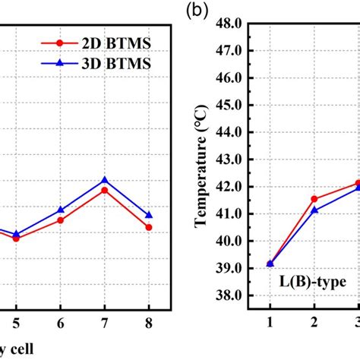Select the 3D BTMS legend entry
tap(103, 64)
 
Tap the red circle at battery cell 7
tap(104, 189)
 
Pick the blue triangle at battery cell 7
tap(104, 180)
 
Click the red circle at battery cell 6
tap(60, 220)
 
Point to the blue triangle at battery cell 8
tap(149, 215)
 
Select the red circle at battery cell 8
tap(149, 227)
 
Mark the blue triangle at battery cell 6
tap(60, 210)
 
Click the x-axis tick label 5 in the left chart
tap(15, 322)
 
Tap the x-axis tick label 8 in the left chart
tap(149, 322)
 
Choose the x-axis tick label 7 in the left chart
tap(104, 322)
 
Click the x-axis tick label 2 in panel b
tap(314, 322)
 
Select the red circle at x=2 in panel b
tap(314, 199)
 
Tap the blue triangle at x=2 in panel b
tap(314, 210)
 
